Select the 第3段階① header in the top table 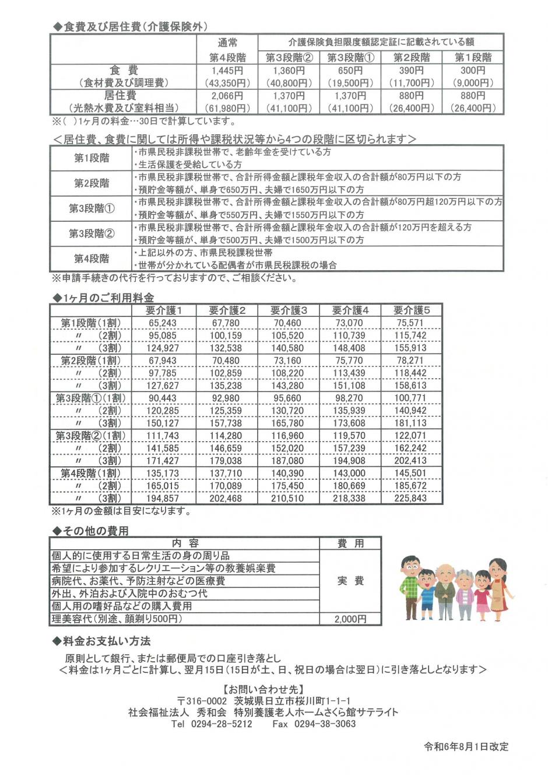point(350,58)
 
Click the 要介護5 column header point(411,310)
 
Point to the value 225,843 point(411,498)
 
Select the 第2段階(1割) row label point(90,361)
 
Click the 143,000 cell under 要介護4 point(349,473)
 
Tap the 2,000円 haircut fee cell point(350,619)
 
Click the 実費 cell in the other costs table point(350,581)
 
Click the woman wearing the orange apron point(498,587)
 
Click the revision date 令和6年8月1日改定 point(466,747)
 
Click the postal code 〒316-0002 point(202,701)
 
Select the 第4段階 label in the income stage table point(92,259)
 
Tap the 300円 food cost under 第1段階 point(473,71)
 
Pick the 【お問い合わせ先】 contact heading point(264,689)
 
